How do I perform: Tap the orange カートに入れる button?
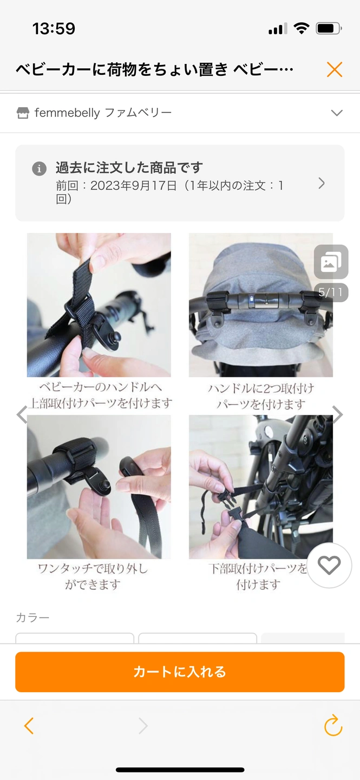click(180, 672)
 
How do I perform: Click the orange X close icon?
click(335, 69)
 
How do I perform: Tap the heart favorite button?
click(329, 565)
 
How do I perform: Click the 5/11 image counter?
click(331, 292)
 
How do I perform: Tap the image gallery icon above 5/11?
click(331, 262)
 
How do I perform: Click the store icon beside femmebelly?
click(23, 113)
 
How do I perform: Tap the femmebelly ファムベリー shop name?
click(103, 113)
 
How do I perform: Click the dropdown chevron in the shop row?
click(337, 113)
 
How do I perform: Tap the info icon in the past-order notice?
click(40, 169)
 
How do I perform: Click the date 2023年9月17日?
click(134, 185)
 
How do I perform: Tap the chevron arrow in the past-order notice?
click(322, 183)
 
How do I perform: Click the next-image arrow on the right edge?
click(337, 414)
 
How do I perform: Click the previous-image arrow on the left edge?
click(22, 414)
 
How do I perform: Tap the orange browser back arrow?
click(29, 726)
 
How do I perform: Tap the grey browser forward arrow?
click(143, 726)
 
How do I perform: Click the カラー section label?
click(32, 617)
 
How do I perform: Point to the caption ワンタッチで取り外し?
click(93, 569)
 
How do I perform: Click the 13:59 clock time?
click(54, 28)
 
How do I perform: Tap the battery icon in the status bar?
click(329, 28)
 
